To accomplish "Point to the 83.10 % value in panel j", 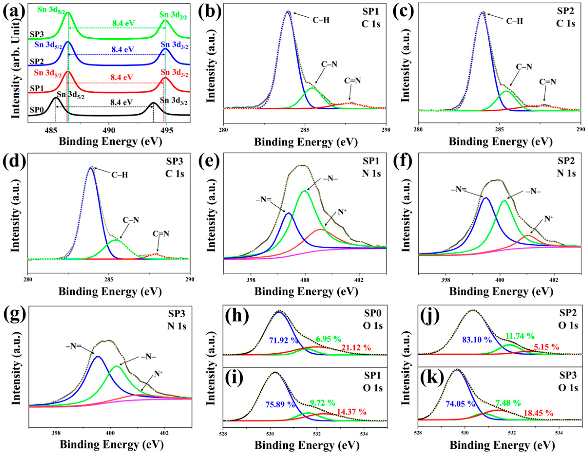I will [x=477, y=340].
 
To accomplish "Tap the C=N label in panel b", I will [x=352, y=81].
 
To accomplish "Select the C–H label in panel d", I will [x=120, y=175].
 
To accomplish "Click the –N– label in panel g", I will [x=148, y=357].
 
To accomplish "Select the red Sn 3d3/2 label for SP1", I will [x=174, y=73].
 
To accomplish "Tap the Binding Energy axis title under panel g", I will [x=111, y=445].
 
